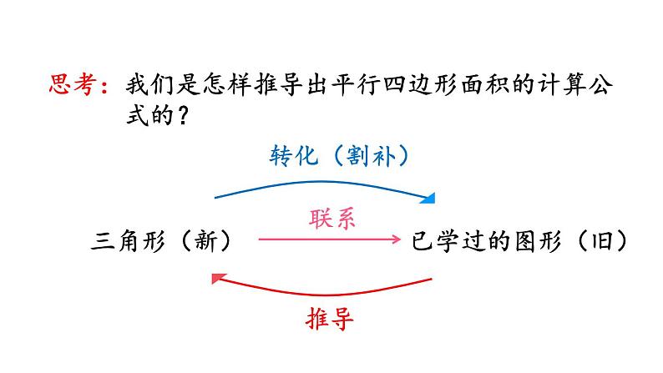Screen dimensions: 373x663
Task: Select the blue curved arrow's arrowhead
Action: pyautogui.click(x=429, y=199)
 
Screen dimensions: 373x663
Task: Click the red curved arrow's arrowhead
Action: pyautogui.click(x=218, y=279)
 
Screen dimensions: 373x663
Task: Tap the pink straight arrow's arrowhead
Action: pyautogui.click(x=396, y=240)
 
